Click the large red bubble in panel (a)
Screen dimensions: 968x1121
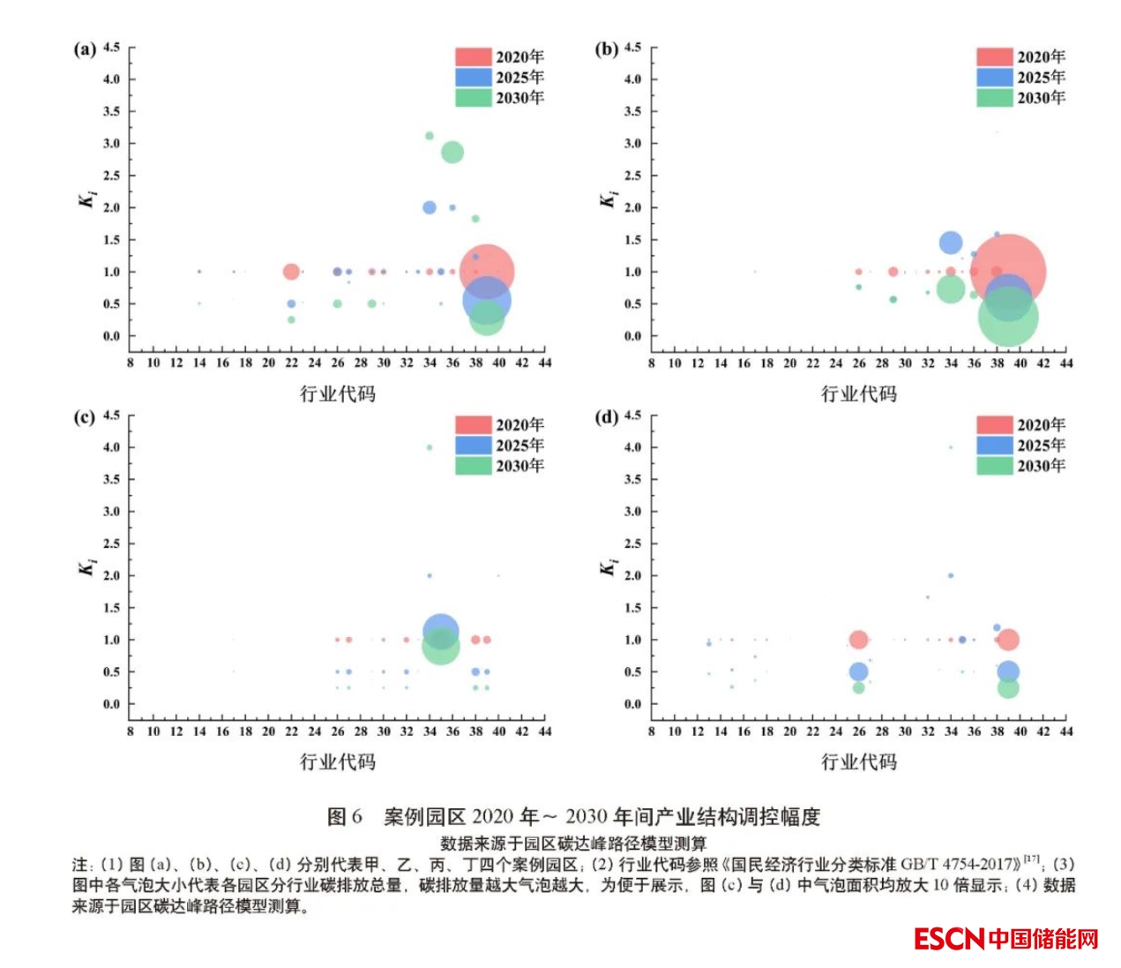point(486,272)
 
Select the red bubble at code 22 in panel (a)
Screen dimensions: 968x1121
point(291,272)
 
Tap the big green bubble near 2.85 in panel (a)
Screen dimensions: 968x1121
point(452,153)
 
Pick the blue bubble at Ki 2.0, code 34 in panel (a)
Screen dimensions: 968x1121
point(430,207)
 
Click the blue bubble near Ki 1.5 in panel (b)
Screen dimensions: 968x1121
point(950,243)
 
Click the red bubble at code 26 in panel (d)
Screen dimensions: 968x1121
point(858,640)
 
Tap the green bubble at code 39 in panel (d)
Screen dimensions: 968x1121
point(1008,687)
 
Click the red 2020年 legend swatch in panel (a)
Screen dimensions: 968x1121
point(473,57)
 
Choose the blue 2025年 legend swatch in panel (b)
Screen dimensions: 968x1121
point(994,78)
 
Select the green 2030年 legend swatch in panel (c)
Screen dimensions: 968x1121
point(473,466)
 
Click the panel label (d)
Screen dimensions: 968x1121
point(607,416)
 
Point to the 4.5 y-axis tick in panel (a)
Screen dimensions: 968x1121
point(111,47)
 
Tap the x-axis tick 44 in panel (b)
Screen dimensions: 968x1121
point(1066,363)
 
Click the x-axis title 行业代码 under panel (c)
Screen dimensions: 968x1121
point(338,762)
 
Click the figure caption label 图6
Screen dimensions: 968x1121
point(344,817)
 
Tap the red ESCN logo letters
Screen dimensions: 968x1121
point(948,939)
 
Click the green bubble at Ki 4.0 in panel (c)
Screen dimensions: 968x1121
point(430,447)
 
